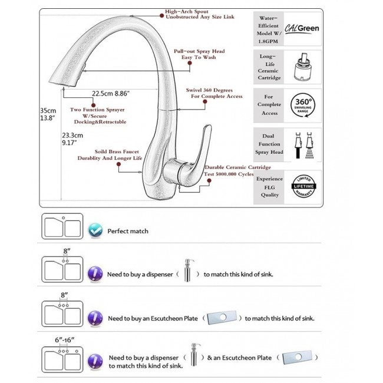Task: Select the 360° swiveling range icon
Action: coord(302,106)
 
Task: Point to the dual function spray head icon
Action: coord(302,145)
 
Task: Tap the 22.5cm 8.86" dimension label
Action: coord(110,93)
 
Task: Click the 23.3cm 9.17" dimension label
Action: coord(73,138)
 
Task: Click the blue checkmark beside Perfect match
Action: coord(94,231)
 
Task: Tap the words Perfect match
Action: coord(128,231)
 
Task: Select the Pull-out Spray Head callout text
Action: coord(199,55)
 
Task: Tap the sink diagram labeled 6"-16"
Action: coord(62,359)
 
